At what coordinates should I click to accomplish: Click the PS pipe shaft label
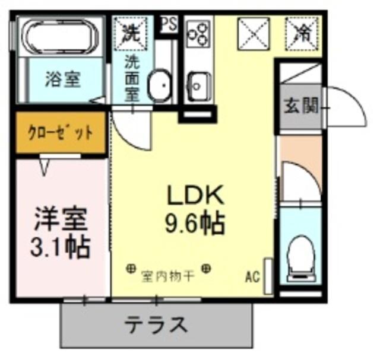(169, 25)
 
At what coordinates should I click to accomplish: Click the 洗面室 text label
(132, 78)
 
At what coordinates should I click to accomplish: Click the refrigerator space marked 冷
(302, 32)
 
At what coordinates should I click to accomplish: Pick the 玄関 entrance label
(300, 107)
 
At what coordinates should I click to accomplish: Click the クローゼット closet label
(60, 133)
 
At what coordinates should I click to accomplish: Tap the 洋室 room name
(60, 219)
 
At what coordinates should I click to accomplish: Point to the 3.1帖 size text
(60, 247)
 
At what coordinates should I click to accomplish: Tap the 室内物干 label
(167, 276)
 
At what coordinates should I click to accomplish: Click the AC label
(252, 276)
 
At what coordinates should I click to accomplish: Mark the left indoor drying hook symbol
(130, 269)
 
